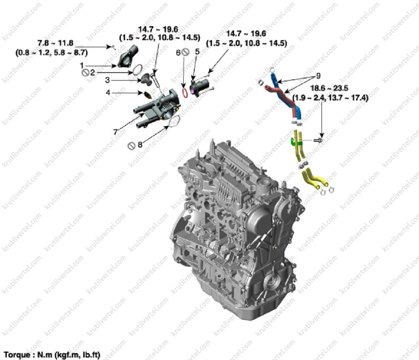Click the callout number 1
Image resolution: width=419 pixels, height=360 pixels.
pyautogui.click(x=82, y=65)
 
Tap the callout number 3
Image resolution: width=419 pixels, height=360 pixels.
pyautogui.click(x=107, y=80)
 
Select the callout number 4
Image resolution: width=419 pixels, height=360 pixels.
pyautogui.click(x=108, y=93)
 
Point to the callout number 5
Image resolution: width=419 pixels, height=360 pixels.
pyautogui.click(x=197, y=51)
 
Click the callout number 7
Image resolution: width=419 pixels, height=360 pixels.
pyautogui.click(x=115, y=132)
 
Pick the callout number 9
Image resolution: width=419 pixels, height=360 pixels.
pyautogui.click(x=318, y=76)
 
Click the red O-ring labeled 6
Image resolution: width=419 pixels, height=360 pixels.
pyautogui.click(x=185, y=93)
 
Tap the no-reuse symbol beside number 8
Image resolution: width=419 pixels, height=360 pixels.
pyautogui.click(x=131, y=146)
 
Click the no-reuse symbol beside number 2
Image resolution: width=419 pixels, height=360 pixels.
pyautogui.click(x=85, y=73)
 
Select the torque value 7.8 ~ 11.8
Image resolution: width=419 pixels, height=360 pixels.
pyautogui.click(x=55, y=43)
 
